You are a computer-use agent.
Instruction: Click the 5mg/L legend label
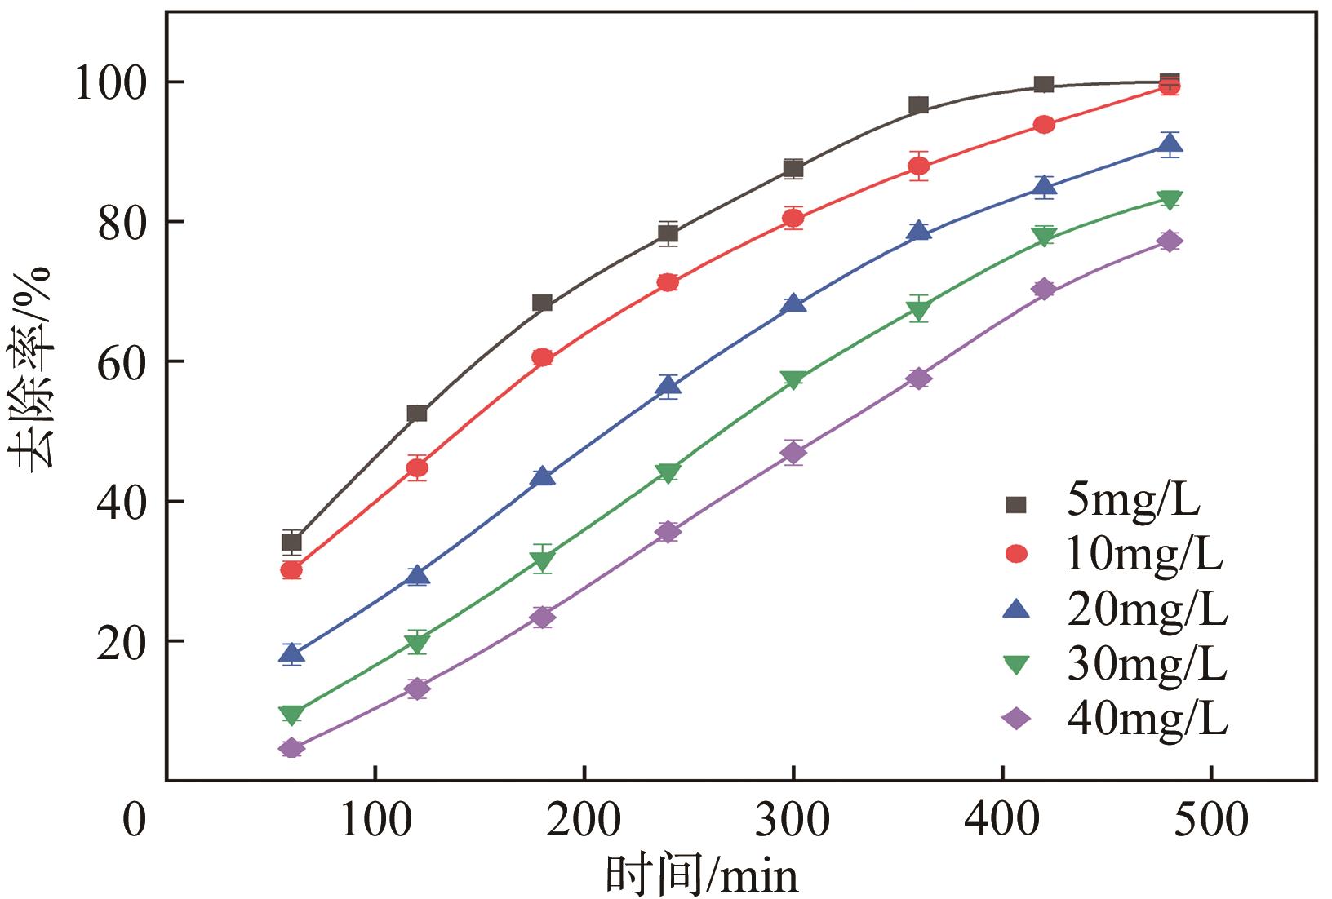click(1133, 502)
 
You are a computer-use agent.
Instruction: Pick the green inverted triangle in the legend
click(1016, 664)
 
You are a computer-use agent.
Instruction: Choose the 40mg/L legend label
click(1146, 719)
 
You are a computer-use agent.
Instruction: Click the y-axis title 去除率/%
click(33, 367)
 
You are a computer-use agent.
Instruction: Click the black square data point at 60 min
click(291, 542)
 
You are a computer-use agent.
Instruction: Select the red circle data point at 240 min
click(668, 282)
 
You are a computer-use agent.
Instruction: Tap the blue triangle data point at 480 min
click(1170, 146)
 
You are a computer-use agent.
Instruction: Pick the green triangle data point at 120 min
click(417, 644)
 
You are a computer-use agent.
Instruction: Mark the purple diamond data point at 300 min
click(793, 453)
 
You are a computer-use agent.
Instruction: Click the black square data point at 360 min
click(918, 105)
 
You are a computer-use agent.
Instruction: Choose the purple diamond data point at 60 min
click(291, 748)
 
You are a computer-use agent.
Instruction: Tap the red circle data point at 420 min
click(1044, 125)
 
